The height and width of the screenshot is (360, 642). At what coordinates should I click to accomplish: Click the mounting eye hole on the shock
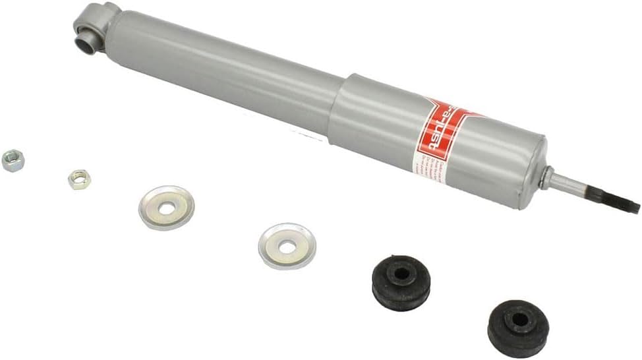tap(85, 43)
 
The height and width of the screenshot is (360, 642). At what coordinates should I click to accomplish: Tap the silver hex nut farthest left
tap(13, 161)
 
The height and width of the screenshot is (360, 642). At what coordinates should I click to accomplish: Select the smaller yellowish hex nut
tap(78, 179)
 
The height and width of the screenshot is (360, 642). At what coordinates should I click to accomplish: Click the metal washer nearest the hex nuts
tap(166, 208)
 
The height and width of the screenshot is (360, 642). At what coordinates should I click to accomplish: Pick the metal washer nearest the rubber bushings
tap(287, 246)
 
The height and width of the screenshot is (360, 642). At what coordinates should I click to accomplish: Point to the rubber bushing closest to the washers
tap(401, 282)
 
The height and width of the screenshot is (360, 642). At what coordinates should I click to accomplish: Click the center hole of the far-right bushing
tap(519, 320)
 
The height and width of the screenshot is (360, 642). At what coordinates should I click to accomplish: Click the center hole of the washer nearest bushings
tap(287, 247)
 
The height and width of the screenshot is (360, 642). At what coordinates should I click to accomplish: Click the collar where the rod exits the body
tap(546, 176)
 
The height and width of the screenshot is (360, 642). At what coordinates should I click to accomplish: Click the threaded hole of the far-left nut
tap(12, 160)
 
